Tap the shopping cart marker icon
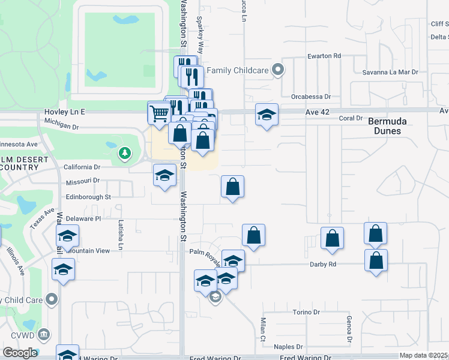(158, 112)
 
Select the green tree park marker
(124, 154)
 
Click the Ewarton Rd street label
(324, 56)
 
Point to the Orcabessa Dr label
(311, 96)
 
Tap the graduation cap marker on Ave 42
(267, 115)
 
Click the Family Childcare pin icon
(278, 71)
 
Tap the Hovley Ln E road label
(65, 112)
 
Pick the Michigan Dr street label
(62, 127)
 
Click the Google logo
(20, 352)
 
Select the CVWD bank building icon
(43, 334)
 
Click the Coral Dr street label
(351, 118)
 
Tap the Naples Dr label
(288, 347)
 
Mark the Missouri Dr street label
(83, 181)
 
